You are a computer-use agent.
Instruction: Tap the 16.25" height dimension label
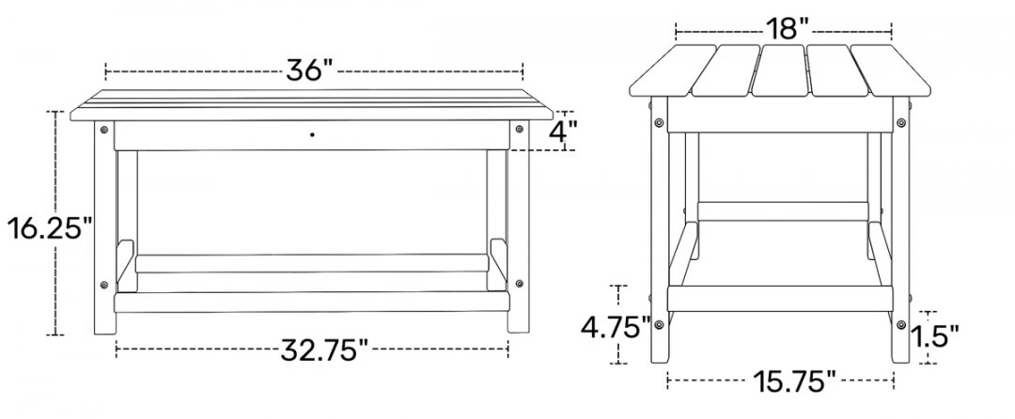[x=51, y=228]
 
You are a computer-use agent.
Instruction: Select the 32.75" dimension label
[x=324, y=349]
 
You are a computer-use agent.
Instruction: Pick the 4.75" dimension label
[x=615, y=328]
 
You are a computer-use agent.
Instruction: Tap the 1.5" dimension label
[x=934, y=336]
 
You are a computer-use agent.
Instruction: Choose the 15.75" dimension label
[x=793, y=381]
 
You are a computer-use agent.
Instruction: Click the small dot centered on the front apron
[x=312, y=134]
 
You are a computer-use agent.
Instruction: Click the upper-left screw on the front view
[x=104, y=130]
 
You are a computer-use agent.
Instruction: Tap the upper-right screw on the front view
[x=519, y=130]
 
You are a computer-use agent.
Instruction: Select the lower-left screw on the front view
[x=104, y=284]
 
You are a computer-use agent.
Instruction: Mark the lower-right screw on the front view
[x=519, y=283]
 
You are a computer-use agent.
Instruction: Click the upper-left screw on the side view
[x=658, y=121]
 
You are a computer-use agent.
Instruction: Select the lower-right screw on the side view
[x=900, y=324]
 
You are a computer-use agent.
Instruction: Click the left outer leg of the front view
[x=105, y=227]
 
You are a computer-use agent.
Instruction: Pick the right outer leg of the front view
[x=519, y=226]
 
